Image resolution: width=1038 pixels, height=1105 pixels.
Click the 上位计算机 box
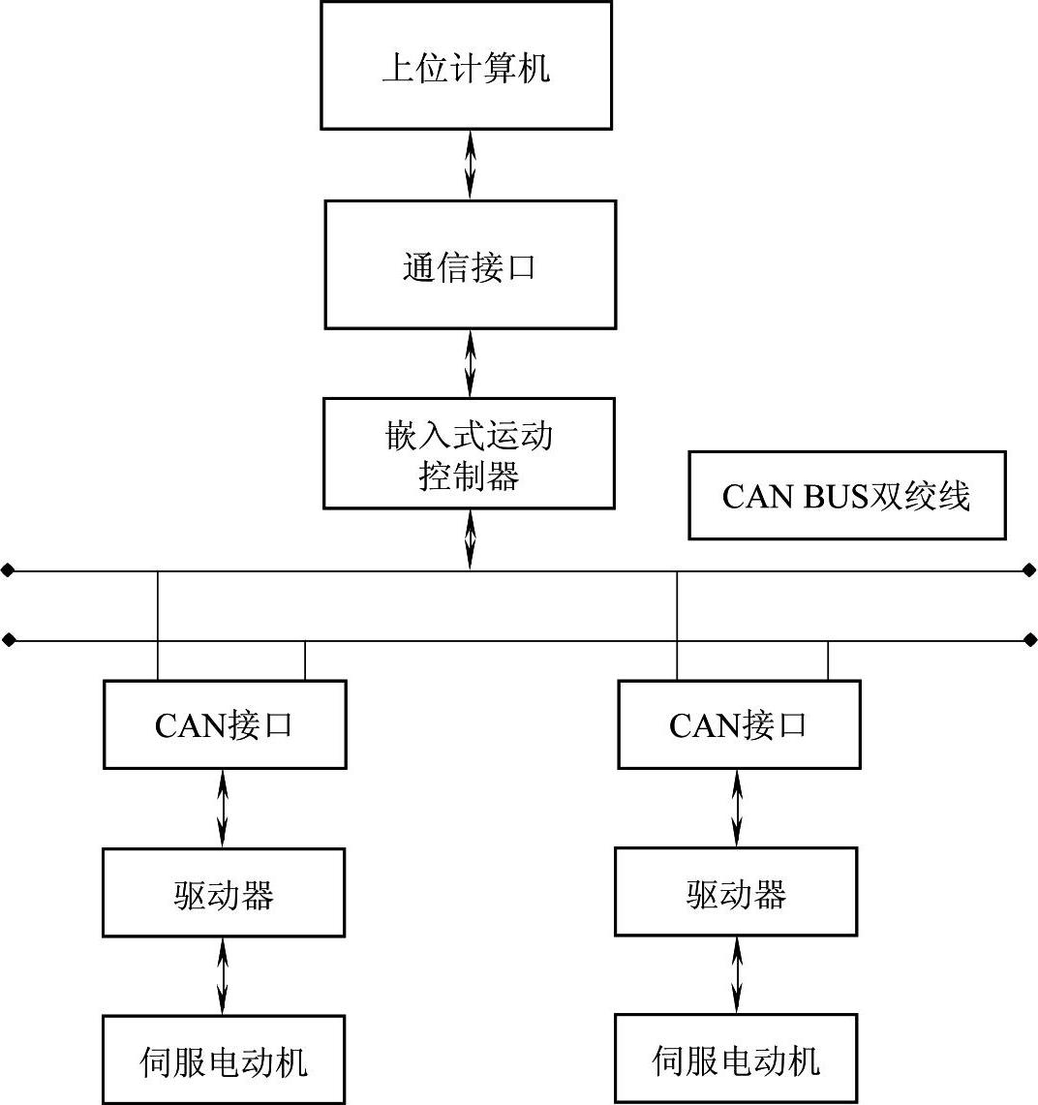[466, 66]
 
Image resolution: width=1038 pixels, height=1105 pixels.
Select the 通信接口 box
[470, 264]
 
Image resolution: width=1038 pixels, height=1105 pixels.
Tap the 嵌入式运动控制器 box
[469, 453]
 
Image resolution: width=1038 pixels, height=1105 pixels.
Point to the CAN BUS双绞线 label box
[847, 495]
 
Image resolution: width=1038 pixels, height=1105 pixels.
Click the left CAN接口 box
[225, 724]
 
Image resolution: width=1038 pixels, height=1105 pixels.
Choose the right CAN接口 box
[739, 724]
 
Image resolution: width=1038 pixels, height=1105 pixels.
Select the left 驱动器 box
[224, 893]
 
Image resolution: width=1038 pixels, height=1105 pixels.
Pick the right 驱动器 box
[736, 892]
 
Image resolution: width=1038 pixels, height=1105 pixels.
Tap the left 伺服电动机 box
[224, 1059]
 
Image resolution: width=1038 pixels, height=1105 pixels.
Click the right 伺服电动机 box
[736, 1059]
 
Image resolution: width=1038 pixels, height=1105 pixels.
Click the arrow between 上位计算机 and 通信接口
[471, 165]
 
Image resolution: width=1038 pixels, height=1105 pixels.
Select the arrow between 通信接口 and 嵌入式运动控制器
[471, 363]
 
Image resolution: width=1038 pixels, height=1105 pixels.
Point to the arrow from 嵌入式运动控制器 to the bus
[471, 539]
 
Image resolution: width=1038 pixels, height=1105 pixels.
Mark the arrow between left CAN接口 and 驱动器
[224, 809]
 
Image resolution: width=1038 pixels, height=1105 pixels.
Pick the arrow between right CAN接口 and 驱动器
[737, 808]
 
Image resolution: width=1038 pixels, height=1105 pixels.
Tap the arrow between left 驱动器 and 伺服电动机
[224, 976]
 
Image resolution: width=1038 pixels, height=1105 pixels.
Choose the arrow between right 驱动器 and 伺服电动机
[737, 975]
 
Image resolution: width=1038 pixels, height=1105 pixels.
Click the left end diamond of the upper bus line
[8, 571]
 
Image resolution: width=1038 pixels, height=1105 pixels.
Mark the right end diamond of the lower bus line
[1029, 640]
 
